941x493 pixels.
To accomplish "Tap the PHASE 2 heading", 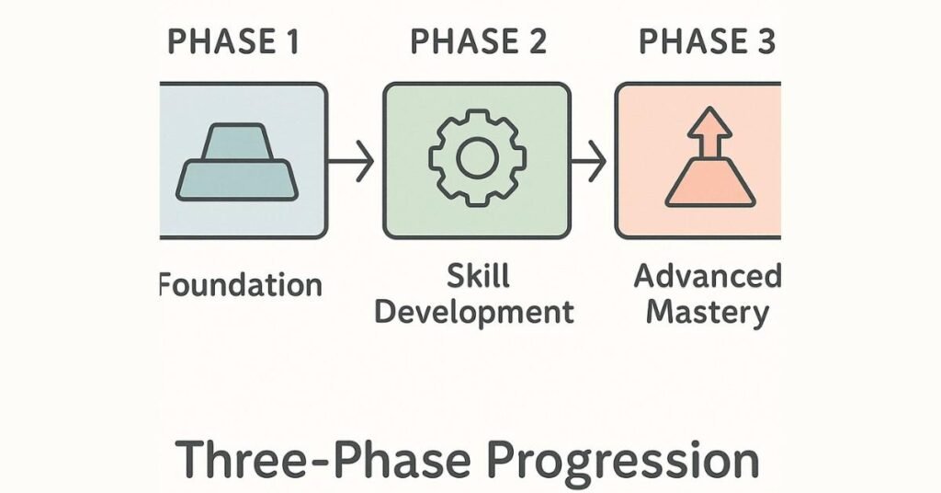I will [477, 41].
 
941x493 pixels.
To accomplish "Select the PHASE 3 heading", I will [706, 41].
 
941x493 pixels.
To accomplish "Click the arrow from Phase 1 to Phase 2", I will [351, 163].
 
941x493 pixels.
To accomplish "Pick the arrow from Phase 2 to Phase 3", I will [588, 163].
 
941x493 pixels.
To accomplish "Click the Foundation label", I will [241, 284].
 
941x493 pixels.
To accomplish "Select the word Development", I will [474, 312].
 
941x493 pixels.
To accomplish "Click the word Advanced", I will [707, 275].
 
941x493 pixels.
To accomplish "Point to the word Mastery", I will [707, 312].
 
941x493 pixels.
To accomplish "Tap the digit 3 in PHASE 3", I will [765, 41].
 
